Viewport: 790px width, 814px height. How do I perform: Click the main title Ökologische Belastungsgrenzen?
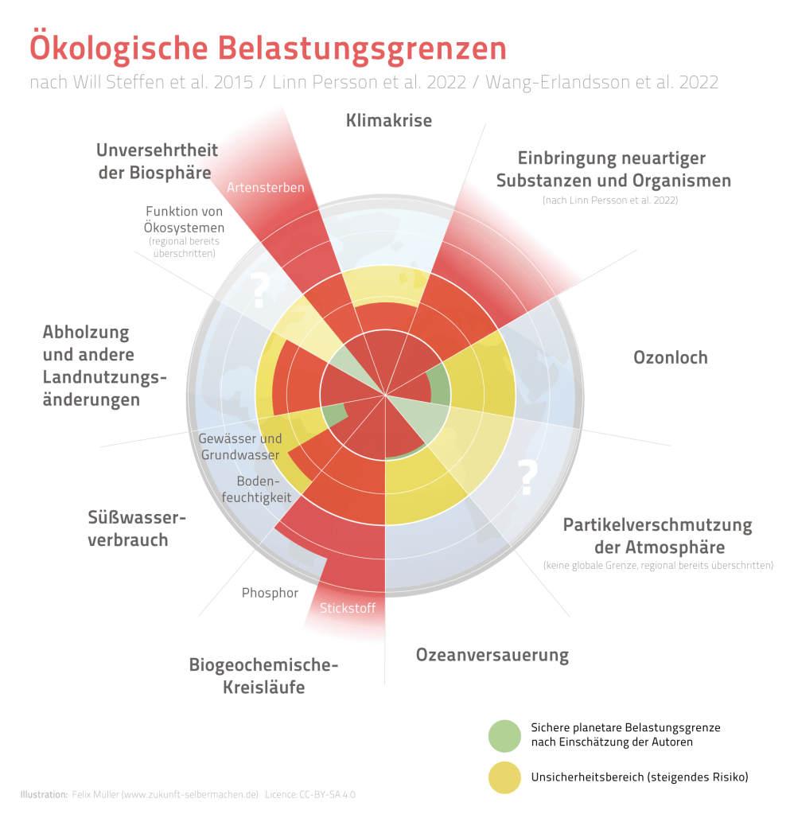[x=268, y=48]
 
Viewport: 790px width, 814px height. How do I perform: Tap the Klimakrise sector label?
[x=389, y=121]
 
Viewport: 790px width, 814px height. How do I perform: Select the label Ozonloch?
[x=670, y=356]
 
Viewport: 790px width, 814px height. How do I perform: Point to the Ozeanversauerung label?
[x=492, y=656]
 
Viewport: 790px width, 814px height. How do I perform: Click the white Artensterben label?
[x=266, y=188]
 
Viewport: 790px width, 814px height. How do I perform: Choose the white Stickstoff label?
[x=347, y=610]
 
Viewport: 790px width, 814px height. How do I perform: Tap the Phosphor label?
[x=270, y=593]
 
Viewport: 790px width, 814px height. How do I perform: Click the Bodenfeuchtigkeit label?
[x=263, y=489]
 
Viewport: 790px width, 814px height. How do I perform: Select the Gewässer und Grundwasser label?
[x=239, y=446]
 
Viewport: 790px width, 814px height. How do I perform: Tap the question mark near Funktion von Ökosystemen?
[x=259, y=290]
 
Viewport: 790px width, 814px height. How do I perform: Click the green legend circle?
[x=504, y=735]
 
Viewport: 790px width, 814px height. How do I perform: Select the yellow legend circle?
[x=504, y=777]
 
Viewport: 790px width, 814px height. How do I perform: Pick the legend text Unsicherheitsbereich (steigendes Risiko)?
[x=640, y=777]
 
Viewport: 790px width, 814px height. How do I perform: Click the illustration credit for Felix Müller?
[x=164, y=794]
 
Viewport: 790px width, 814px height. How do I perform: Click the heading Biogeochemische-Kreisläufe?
[x=263, y=676]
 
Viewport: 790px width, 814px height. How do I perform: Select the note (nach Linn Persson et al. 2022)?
[x=610, y=201]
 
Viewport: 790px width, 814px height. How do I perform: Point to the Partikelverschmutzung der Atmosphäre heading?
[x=657, y=536]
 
